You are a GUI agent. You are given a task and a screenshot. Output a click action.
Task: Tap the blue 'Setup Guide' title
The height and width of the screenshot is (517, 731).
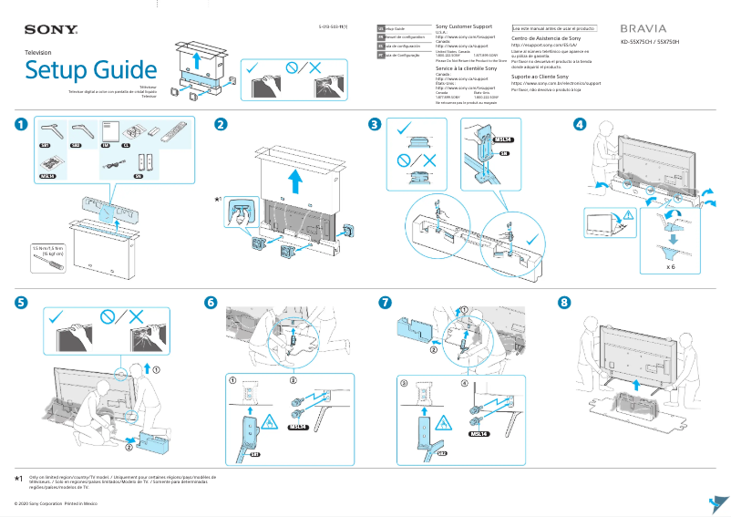90,69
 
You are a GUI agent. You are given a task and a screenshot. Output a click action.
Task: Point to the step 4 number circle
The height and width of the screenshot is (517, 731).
580,124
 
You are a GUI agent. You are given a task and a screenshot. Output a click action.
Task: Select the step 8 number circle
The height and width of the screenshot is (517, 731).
564,302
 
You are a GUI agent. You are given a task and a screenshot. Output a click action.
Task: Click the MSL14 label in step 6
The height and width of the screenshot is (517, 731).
299,426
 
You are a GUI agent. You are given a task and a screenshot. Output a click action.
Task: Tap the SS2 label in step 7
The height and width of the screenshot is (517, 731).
442,452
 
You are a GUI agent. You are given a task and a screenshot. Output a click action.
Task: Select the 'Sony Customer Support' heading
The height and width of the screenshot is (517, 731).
467,27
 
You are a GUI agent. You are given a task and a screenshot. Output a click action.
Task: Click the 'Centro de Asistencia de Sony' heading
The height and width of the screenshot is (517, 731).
546,39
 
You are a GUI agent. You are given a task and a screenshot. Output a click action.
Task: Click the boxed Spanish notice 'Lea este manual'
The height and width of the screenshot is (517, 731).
554,28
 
